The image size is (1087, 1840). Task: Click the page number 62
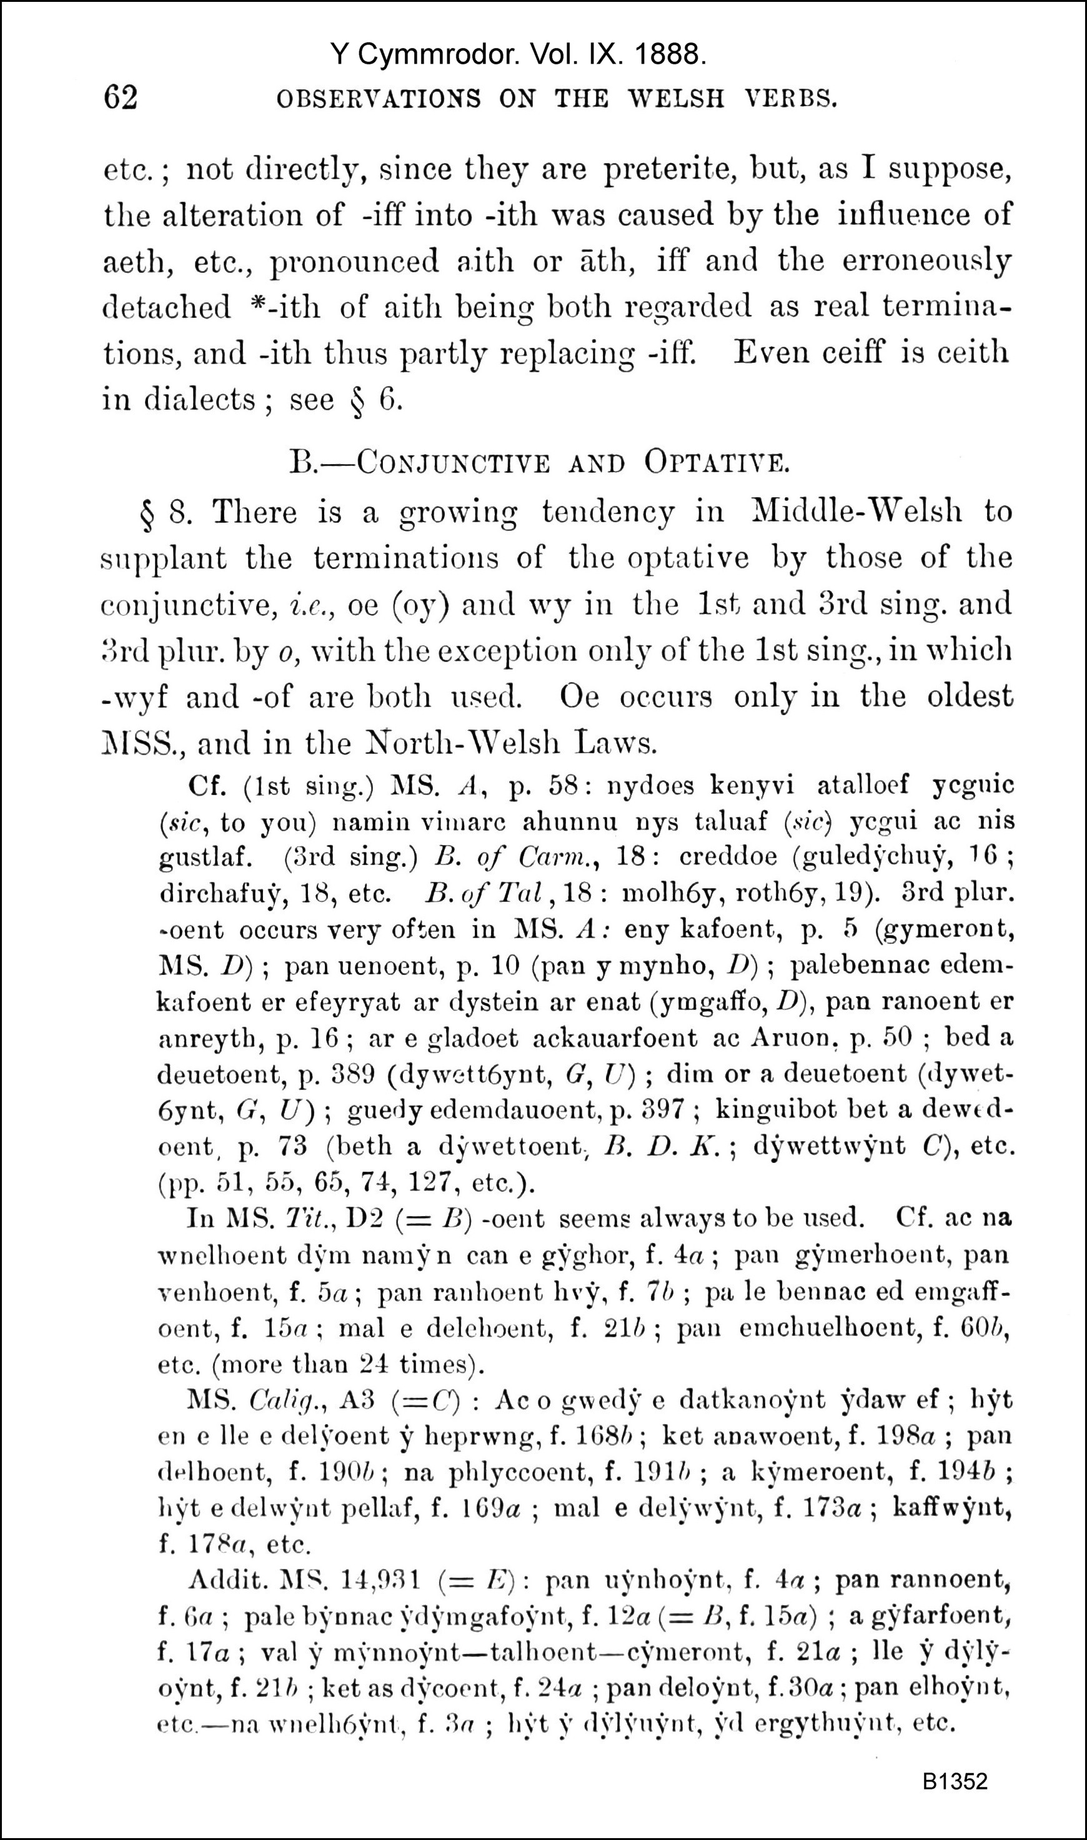pyautogui.click(x=121, y=97)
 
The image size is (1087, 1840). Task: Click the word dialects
pyautogui.click(x=199, y=400)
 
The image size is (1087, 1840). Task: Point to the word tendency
pyautogui.click(x=608, y=511)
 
